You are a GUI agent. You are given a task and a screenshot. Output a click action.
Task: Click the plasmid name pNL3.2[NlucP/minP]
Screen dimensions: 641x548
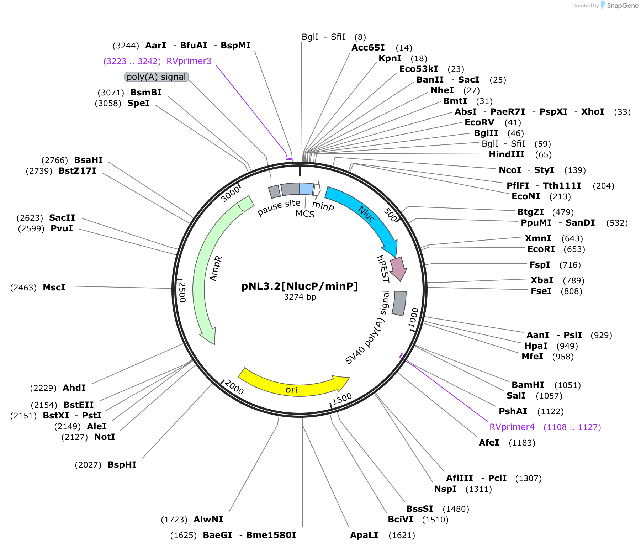tap(300, 286)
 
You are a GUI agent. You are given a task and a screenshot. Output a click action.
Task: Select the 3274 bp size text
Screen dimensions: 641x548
tap(300, 297)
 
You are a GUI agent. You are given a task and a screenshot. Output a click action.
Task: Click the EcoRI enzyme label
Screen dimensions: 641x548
tap(541, 249)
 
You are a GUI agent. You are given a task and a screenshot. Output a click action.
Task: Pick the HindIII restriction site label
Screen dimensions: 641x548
tap(507, 154)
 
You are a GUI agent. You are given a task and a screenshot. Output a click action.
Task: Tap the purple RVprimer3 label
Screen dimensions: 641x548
tap(189, 61)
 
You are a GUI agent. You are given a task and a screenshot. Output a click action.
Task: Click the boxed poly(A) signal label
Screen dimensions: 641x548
tap(157, 77)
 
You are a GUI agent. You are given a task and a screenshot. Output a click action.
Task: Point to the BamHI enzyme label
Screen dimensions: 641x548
tap(528, 385)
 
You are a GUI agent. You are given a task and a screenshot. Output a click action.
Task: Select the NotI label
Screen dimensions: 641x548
tap(105, 437)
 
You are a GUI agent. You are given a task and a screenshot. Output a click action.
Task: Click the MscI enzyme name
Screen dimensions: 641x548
tap(54, 288)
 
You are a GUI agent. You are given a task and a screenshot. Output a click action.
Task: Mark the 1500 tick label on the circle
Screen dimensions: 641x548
tap(342, 399)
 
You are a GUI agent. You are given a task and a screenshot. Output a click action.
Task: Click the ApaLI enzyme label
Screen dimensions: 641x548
tap(364, 535)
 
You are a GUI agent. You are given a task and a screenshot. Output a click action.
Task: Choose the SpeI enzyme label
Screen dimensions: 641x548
tap(138, 103)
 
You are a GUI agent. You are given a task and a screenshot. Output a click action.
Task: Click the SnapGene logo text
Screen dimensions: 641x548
tap(623, 5)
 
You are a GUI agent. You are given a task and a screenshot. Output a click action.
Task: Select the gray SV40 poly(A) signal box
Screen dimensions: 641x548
tap(399, 303)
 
